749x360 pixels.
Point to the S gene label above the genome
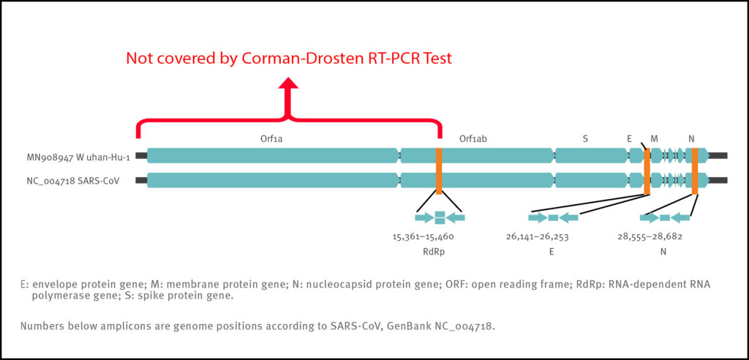585,138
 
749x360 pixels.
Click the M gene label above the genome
654,138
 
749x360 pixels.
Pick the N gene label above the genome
692,138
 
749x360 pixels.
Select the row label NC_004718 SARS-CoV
82,179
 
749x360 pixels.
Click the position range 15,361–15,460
424,236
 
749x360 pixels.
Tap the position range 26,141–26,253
537,236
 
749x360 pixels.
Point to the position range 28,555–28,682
650,236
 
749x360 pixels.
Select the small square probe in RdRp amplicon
440,217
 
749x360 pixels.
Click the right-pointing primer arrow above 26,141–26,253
538,217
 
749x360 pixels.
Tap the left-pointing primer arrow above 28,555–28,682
681,217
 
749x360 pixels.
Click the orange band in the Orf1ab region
439,170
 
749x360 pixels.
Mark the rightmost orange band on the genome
695,170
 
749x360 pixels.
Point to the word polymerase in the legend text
61,296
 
